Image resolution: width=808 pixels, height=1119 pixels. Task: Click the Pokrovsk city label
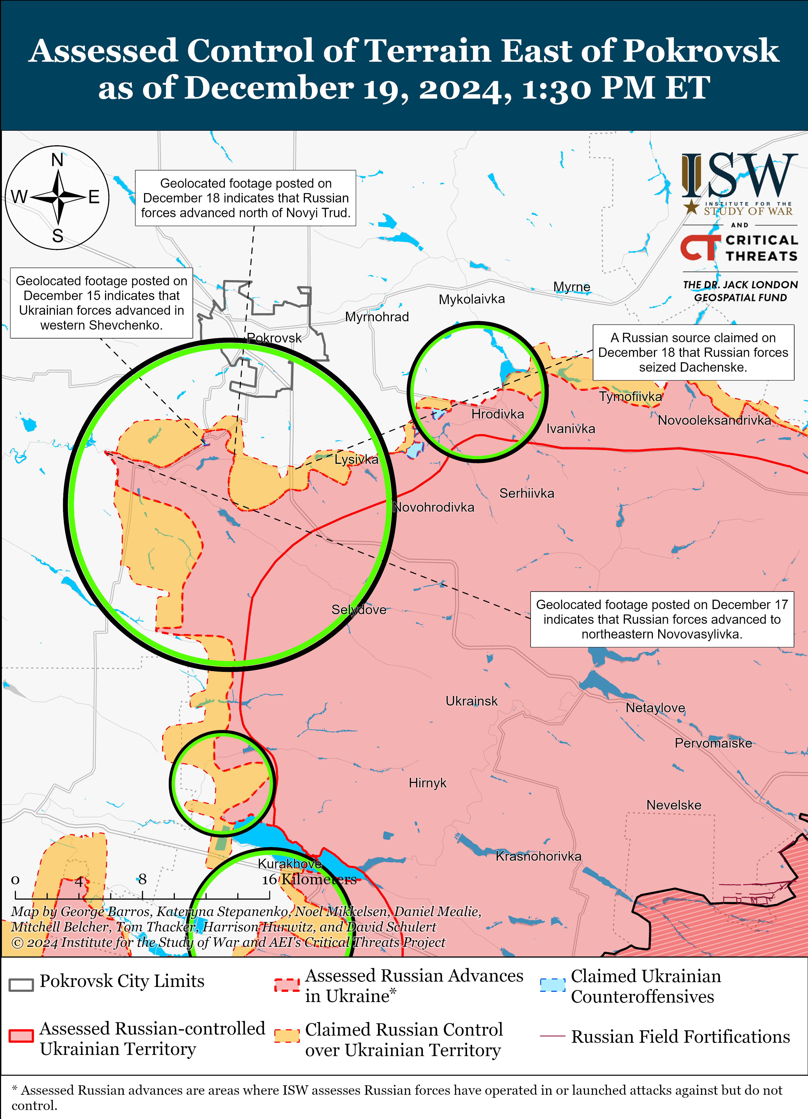[274, 338]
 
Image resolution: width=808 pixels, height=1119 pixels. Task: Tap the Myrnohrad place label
[377, 317]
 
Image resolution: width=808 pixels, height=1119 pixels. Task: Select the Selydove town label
[358, 610]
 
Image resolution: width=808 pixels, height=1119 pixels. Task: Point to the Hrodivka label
[497, 414]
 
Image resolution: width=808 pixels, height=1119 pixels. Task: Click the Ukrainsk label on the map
[471, 701]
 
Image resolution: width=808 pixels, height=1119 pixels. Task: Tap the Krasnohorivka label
[538, 856]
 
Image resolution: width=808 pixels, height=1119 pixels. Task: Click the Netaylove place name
[655, 708]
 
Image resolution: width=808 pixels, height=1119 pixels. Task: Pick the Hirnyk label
[427, 783]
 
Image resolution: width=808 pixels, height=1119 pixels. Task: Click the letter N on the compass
[57, 160]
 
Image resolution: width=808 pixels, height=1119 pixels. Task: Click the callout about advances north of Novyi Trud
[246, 198]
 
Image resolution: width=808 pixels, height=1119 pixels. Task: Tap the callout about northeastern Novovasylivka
[661, 619]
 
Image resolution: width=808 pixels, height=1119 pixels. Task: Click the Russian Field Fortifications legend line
[552, 1036]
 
